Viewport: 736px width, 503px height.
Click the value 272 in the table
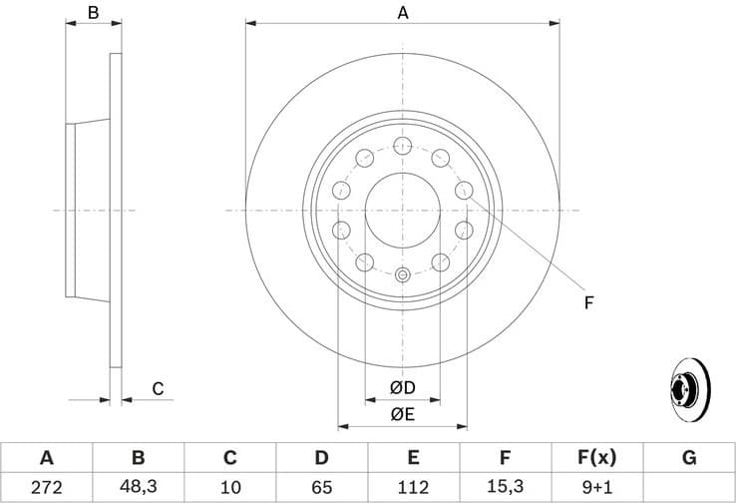coord(46,487)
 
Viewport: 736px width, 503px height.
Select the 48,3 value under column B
coord(138,487)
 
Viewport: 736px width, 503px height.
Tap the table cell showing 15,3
coord(506,487)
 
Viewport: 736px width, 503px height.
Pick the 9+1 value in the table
coord(597,487)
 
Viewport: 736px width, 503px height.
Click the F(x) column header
coord(597,458)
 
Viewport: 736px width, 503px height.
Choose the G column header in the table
coord(689,458)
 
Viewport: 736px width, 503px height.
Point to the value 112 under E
coord(414,487)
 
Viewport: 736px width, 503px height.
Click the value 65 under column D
coord(321,487)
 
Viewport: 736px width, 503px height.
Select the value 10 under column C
coord(229,487)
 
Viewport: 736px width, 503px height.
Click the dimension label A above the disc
coord(403,13)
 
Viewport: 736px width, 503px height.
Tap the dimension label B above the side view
coord(93,13)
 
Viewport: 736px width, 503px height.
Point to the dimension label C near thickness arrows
coord(158,388)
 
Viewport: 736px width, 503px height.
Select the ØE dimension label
coord(402,412)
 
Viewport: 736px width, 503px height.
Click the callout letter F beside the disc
coord(588,302)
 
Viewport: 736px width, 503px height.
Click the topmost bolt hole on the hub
coord(403,147)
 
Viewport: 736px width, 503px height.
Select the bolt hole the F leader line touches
coord(463,190)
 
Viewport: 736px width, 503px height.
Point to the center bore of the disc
coord(403,211)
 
